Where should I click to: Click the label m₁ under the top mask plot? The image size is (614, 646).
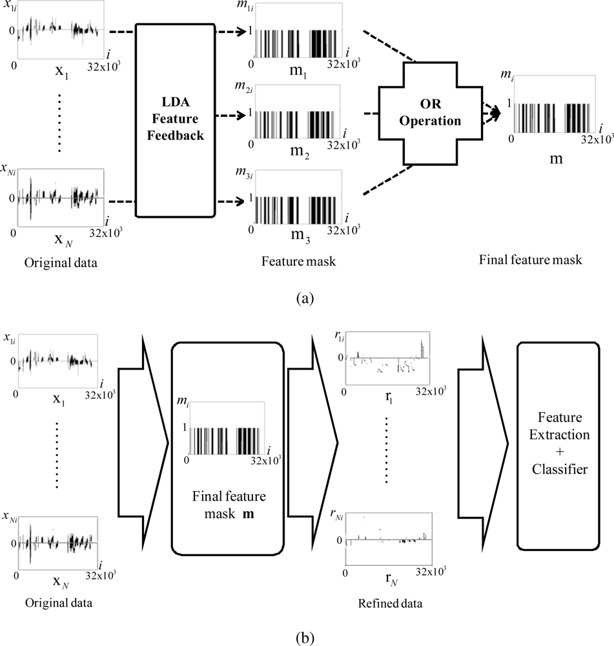[x=298, y=72]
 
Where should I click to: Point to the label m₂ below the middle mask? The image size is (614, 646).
[x=298, y=154]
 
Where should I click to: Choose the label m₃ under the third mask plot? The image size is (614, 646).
[x=298, y=237]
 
